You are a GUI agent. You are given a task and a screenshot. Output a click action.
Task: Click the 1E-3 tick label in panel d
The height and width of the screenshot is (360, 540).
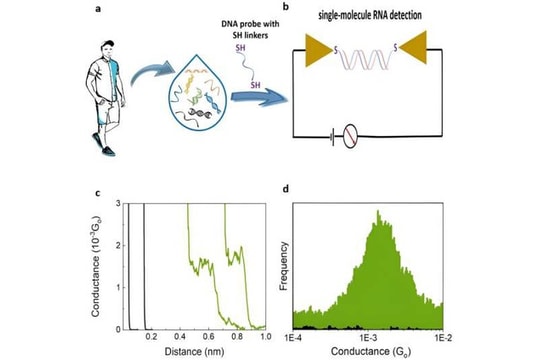pyautogui.click(x=367, y=337)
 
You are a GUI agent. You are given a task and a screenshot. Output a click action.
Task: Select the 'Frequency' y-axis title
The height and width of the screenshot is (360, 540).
pyautogui.click(x=281, y=265)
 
